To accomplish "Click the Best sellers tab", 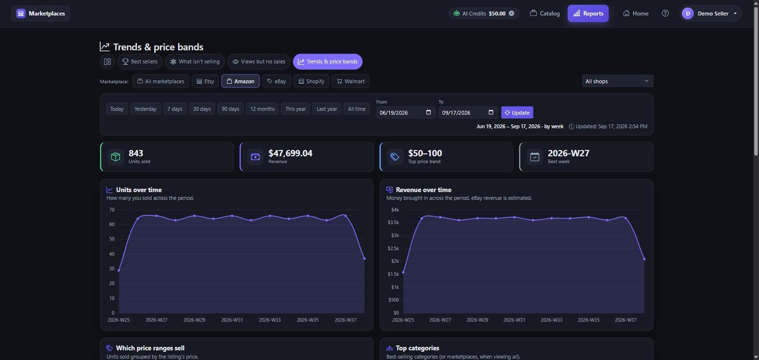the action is pyautogui.click(x=140, y=61).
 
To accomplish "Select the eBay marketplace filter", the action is pyautogui.click(x=276, y=81).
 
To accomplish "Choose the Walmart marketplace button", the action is pyautogui.click(x=350, y=81).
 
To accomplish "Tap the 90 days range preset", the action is pyautogui.click(x=230, y=109).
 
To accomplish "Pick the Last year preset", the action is pyautogui.click(x=327, y=109).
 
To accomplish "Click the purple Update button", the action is pyautogui.click(x=517, y=112).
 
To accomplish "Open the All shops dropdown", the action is pyautogui.click(x=617, y=81).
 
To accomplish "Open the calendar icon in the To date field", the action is pyautogui.click(x=491, y=112).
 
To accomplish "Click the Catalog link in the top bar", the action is pyautogui.click(x=545, y=14).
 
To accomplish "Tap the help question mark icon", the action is pyautogui.click(x=665, y=13).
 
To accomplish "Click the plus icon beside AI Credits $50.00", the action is pyautogui.click(x=511, y=13).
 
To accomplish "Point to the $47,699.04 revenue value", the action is pyautogui.click(x=290, y=153).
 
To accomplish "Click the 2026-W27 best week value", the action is pyautogui.click(x=568, y=153).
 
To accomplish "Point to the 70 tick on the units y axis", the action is pyautogui.click(x=112, y=210).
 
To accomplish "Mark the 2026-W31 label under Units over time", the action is pyautogui.click(x=232, y=320).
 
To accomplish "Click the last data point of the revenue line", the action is pyautogui.click(x=644, y=259).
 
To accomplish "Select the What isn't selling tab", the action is pyautogui.click(x=195, y=61).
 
